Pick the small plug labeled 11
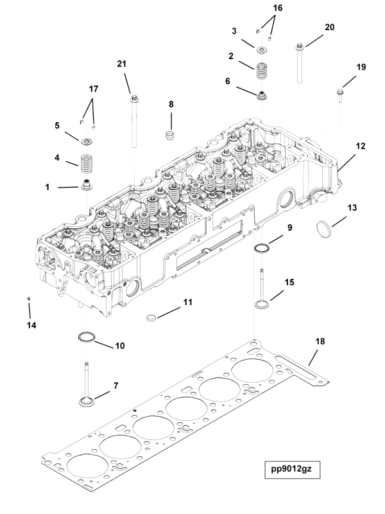pos(152,317)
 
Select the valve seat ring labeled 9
pos(262,248)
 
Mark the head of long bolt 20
pos(300,47)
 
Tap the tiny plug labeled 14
pos(29,299)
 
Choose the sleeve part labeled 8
pos(170,136)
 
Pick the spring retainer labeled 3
pos(262,49)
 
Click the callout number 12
pos(361,146)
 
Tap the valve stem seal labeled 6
pos(262,96)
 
